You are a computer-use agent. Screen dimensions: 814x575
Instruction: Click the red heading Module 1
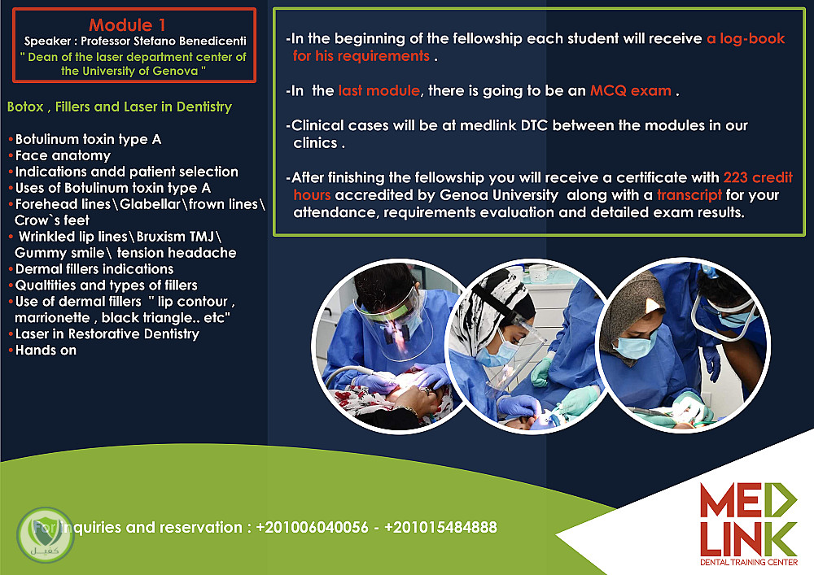point(127,24)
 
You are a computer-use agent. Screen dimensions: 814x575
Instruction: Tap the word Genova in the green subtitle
point(168,71)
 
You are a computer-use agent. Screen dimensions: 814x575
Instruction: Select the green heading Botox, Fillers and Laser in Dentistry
point(120,107)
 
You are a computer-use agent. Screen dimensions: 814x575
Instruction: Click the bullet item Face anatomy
point(63,155)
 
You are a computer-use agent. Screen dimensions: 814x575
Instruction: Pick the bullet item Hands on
point(46,351)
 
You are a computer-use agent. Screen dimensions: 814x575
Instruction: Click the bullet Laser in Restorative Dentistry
point(107,334)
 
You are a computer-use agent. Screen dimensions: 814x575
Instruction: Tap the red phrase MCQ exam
point(631,91)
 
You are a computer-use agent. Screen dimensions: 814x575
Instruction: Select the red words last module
point(379,91)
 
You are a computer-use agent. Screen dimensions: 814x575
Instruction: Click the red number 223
point(736,177)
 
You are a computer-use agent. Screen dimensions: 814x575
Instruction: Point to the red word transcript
point(689,195)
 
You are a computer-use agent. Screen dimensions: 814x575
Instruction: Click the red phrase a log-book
point(746,38)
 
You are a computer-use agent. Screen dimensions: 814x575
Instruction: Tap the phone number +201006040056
point(312,527)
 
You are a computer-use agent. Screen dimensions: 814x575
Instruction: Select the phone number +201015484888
point(440,527)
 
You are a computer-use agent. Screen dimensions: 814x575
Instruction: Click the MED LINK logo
point(749,520)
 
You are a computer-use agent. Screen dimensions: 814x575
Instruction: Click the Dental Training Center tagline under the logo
point(749,562)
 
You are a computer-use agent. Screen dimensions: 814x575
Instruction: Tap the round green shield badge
point(46,534)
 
